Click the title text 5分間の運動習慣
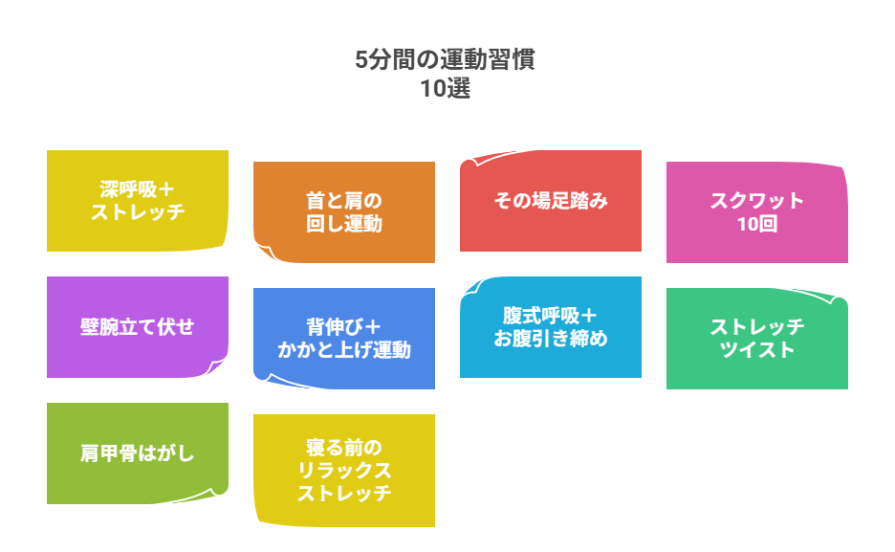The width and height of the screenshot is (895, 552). pos(445,60)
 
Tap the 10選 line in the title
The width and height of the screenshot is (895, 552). pos(445,89)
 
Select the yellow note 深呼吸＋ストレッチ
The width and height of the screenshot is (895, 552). pos(138,200)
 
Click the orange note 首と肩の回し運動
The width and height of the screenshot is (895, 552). pos(344,211)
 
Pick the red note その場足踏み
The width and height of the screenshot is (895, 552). pos(551,201)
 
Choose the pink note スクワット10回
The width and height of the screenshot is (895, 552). pos(757,211)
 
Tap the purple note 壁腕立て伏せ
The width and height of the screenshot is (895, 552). pos(138,327)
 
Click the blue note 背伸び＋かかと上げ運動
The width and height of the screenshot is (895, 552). pos(344,338)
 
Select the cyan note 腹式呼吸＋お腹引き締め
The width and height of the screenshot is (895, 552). pos(551,326)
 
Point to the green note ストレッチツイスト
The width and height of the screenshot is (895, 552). pos(757,338)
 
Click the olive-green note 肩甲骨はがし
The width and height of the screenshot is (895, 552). pos(138,453)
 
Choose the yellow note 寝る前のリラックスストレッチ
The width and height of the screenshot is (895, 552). pos(344,470)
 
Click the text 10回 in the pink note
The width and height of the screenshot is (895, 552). pos(757,225)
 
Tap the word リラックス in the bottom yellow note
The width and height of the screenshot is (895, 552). pos(344,471)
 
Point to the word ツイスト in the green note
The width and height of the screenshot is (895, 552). pos(757,350)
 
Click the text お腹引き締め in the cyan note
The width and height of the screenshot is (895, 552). pos(551,339)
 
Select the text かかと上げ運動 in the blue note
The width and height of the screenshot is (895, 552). pos(344,350)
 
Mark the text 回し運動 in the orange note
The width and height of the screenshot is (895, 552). pos(344,225)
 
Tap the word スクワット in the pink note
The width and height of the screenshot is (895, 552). pos(757,201)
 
